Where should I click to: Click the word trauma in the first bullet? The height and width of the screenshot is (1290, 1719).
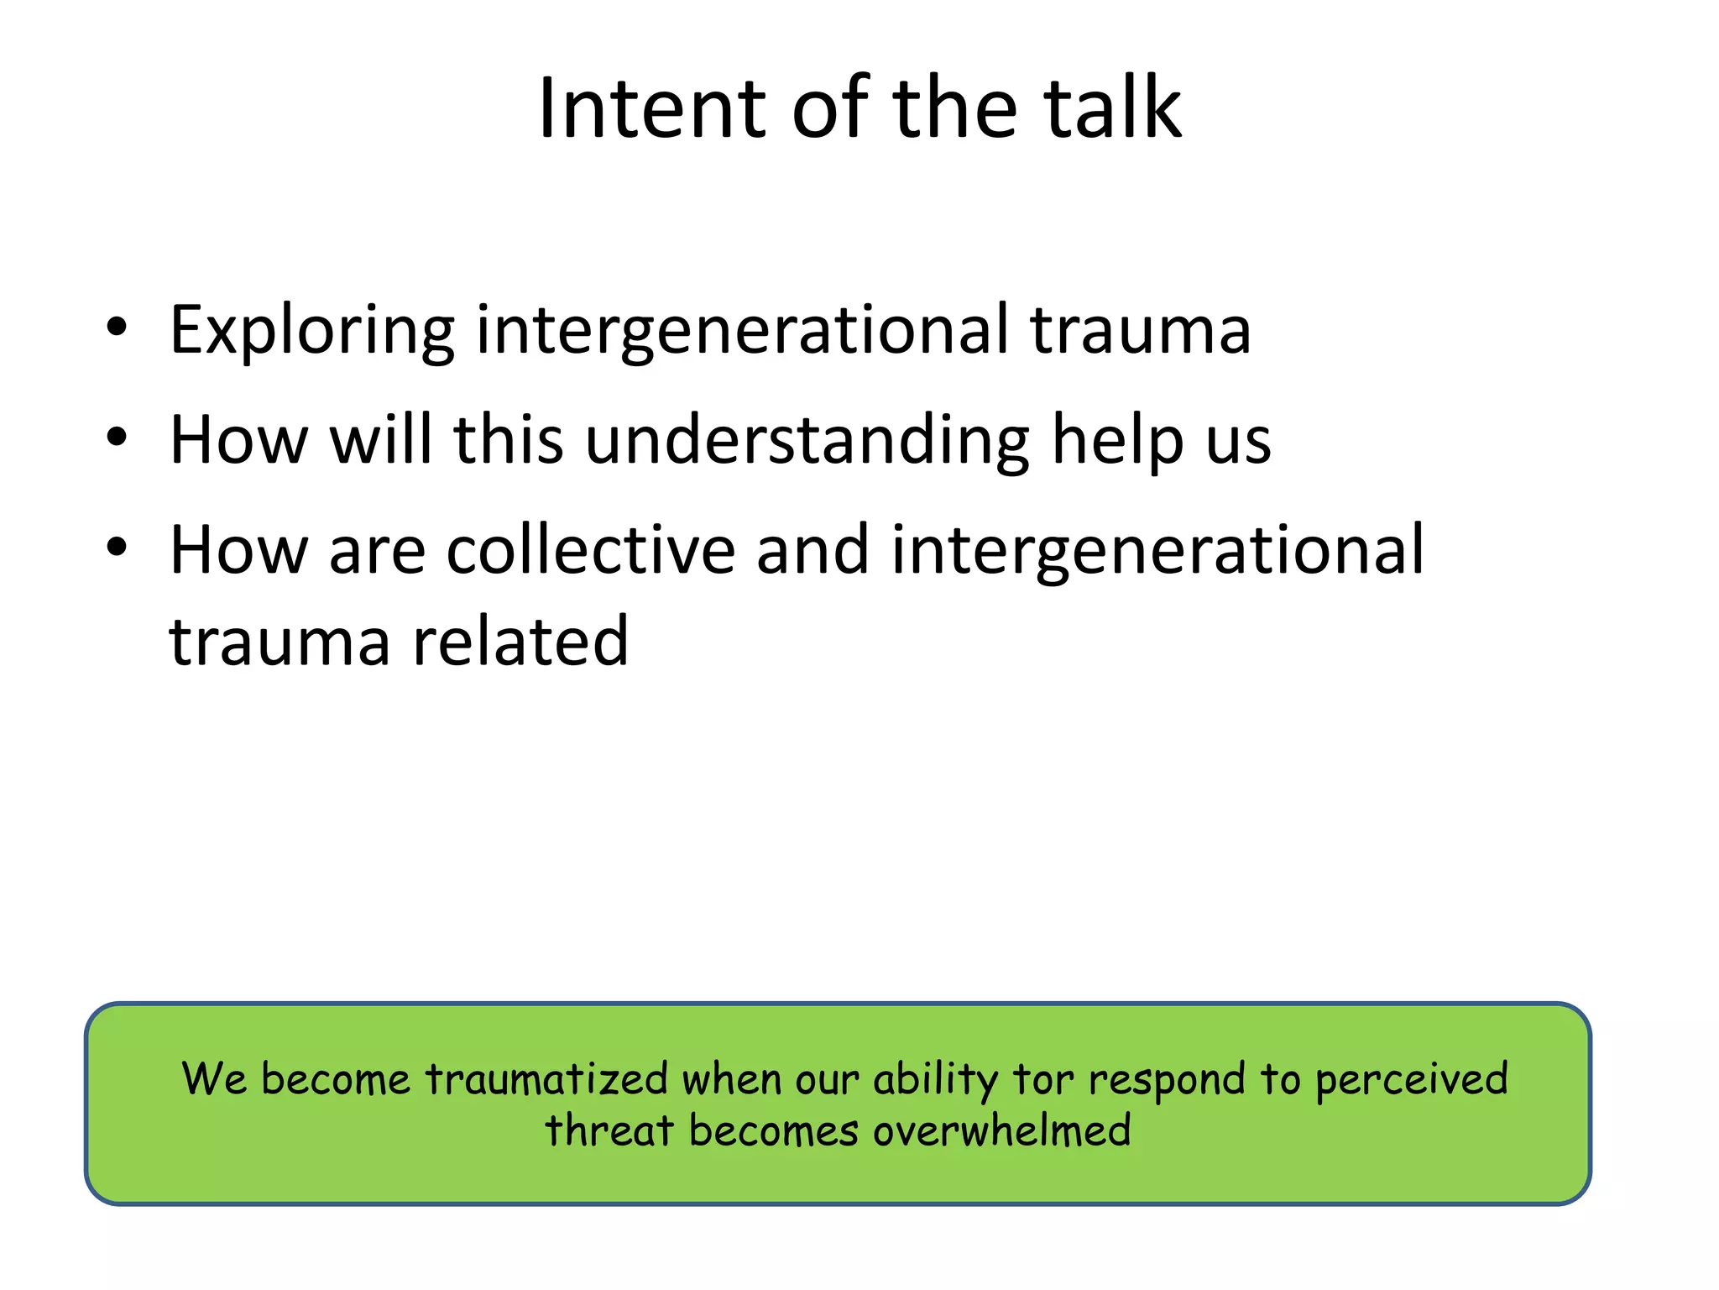coord(1140,331)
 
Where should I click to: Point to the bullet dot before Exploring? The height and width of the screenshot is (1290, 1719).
coord(117,328)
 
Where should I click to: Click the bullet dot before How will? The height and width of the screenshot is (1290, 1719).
coord(117,438)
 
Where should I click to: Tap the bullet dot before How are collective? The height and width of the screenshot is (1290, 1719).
coord(117,548)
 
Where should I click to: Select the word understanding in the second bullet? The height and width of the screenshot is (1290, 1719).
coord(807,440)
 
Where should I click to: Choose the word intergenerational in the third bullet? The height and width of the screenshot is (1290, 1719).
coord(1157,551)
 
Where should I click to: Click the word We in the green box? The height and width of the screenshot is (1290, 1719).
coord(214,1078)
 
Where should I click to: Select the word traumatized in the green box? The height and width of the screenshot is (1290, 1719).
coord(546,1078)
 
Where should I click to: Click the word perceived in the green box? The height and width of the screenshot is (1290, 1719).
coord(1411,1080)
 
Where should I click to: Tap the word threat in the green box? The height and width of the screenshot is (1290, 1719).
coord(609,1130)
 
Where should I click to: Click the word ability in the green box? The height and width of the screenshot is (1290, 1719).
coord(935,1080)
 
